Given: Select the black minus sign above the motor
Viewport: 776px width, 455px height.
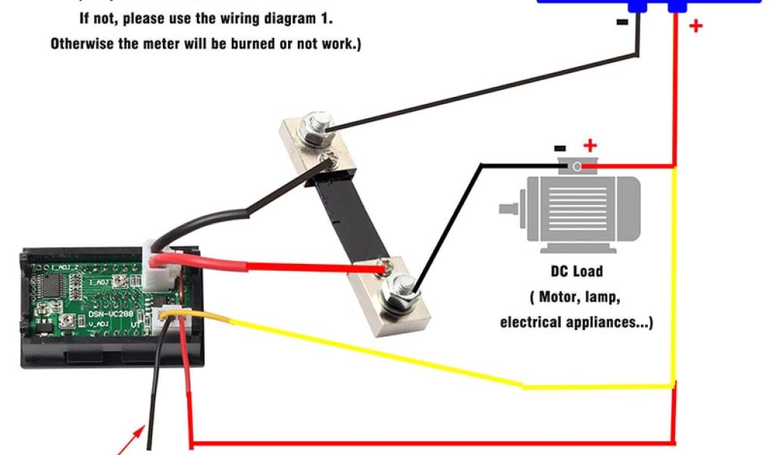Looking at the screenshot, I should pos(560,149).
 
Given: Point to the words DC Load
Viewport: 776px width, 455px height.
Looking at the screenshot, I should pos(576,271).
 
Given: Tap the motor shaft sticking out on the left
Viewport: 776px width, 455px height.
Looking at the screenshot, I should pos(510,206).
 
